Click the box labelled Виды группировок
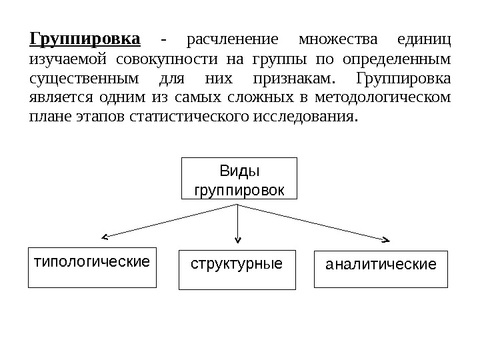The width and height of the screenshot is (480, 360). (x=238, y=179)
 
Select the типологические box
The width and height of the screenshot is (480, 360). (x=92, y=267)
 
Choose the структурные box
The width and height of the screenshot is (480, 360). (x=237, y=270)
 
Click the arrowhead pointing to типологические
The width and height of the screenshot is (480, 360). (x=106, y=235)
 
